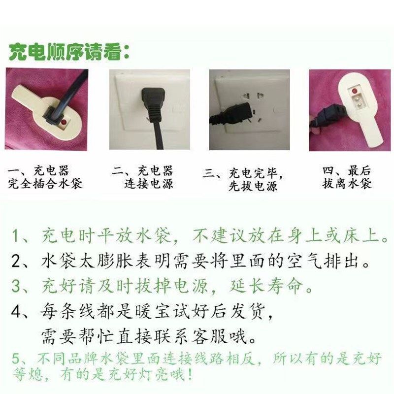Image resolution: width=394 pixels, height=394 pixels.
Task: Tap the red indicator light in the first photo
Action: point(63,123)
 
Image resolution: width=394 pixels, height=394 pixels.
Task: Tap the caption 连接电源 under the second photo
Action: point(149,185)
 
